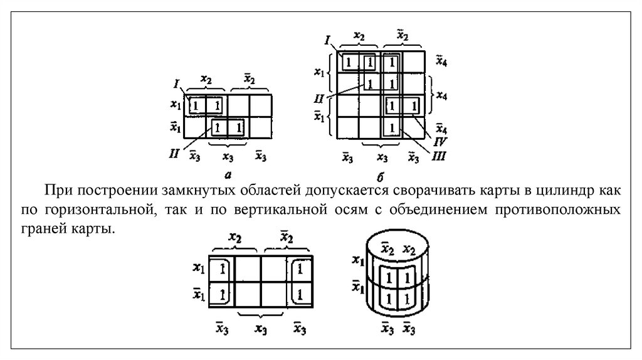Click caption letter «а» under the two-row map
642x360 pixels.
[x=228, y=169]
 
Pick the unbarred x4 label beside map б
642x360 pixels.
[x=441, y=95]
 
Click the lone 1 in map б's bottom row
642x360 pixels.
[x=392, y=128]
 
